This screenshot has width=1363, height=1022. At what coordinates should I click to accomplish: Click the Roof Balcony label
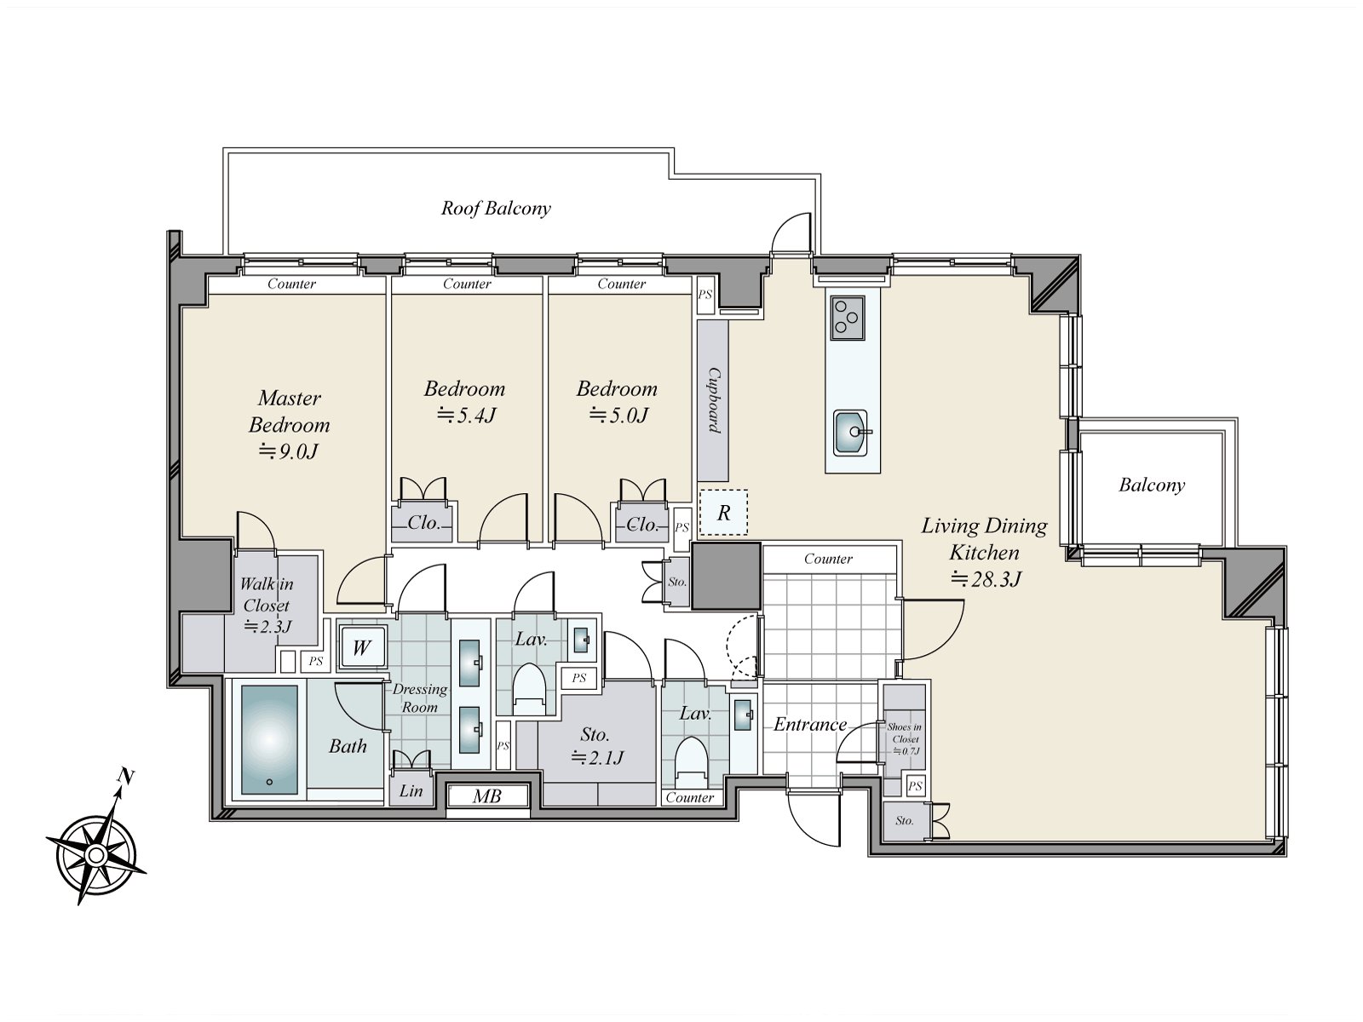tap(496, 208)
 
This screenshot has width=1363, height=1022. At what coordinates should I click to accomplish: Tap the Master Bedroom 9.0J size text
tap(289, 451)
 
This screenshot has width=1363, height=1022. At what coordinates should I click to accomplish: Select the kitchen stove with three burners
tap(848, 318)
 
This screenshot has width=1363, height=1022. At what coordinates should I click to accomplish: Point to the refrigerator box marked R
tap(722, 513)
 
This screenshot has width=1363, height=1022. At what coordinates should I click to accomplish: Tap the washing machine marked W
tap(362, 648)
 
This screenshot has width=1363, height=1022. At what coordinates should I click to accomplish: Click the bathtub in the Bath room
tap(269, 739)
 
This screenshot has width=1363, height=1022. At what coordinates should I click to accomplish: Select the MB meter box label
tap(486, 795)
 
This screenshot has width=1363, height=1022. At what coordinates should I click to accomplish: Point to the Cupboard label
tap(714, 400)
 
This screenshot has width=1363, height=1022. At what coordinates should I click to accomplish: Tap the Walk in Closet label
tap(267, 594)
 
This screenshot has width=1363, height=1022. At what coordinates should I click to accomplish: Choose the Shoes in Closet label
tap(905, 732)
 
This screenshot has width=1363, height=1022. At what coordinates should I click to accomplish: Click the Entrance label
tap(810, 724)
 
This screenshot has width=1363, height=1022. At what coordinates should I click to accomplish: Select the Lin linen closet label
tap(411, 790)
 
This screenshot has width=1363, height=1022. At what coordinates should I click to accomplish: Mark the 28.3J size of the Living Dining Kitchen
tap(986, 579)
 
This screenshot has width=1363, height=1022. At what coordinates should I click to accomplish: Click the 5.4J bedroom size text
tap(466, 415)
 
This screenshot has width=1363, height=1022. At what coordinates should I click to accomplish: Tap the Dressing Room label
tap(420, 698)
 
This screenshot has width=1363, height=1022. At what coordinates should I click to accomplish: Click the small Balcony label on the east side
tap(1152, 485)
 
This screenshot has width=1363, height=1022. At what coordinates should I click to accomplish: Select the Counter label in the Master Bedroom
tap(291, 284)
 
